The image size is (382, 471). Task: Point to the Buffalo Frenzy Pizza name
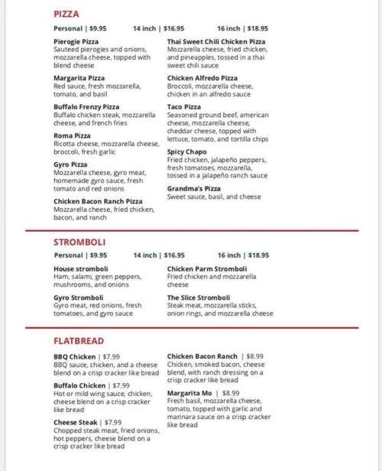(86, 106)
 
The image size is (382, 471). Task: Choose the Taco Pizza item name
(184, 106)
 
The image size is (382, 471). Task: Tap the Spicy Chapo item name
(187, 152)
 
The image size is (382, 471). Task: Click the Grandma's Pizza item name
(194, 188)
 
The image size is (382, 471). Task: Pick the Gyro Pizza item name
(70, 164)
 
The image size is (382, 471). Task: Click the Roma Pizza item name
(72, 135)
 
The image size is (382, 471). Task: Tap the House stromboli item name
(81, 269)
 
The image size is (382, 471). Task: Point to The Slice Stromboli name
(199, 297)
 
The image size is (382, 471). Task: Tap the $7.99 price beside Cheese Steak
(112, 421)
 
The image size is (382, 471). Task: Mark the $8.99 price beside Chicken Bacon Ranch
(254, 356)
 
